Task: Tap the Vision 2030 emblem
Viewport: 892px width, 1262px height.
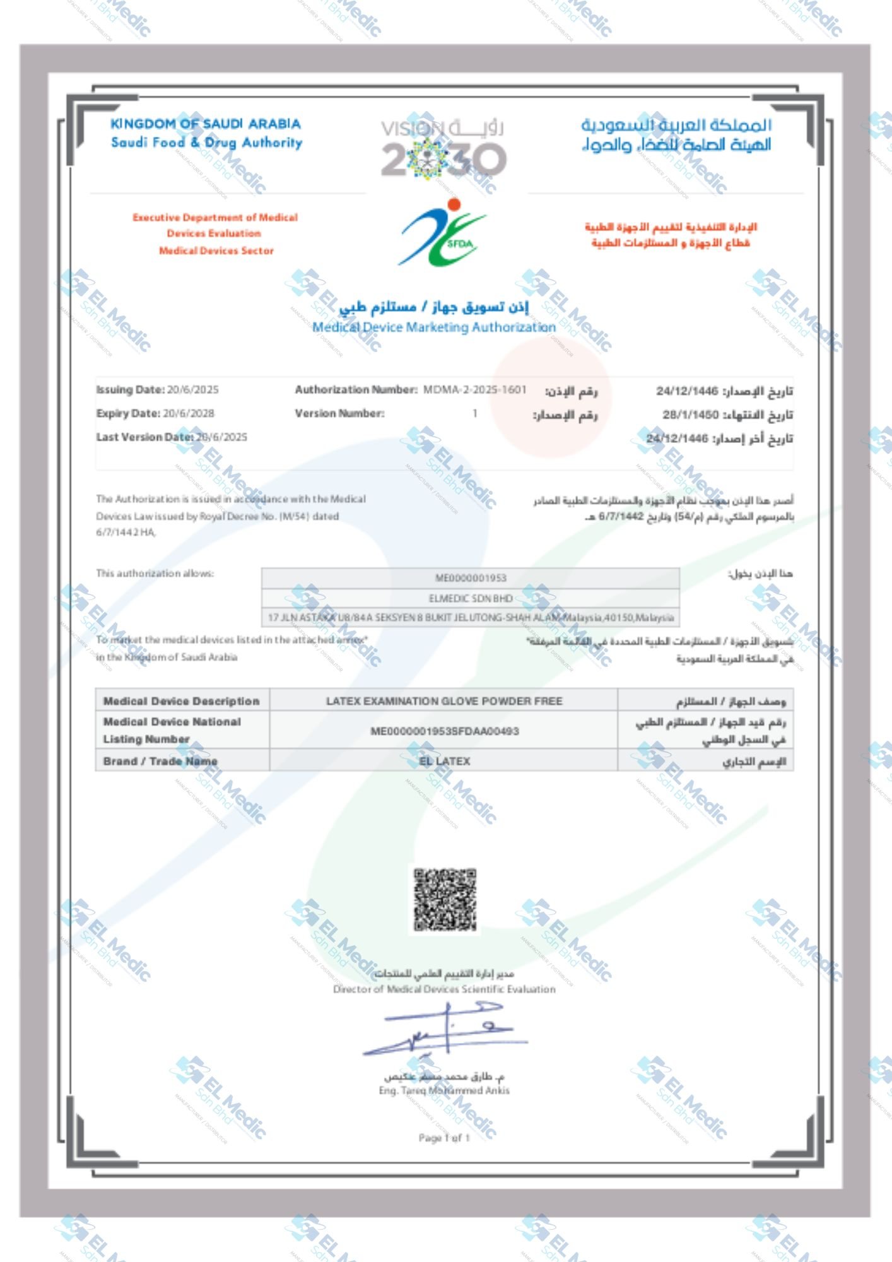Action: coord(443,148)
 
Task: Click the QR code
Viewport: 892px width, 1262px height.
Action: coord(445,900)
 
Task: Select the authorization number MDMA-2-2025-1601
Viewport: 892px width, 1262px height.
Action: coord(474,389)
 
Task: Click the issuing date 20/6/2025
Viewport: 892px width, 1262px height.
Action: coord(192,389)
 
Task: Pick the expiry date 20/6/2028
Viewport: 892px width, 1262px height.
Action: coord(189,413)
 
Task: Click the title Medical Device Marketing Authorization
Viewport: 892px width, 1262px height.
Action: coord(434,327)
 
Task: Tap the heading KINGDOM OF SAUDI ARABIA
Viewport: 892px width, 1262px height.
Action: coord(206,124)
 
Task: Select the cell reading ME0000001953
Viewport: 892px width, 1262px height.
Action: coord(471,578)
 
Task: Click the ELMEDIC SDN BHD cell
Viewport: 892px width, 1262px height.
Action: coord(471,598)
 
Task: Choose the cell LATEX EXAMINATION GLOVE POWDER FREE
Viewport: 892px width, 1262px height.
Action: coord(443,700)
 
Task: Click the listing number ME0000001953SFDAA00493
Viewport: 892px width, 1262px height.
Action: coord(444,731)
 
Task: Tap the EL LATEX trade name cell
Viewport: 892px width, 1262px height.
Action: coord(444,761)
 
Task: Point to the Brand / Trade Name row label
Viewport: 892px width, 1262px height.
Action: coord(160,761)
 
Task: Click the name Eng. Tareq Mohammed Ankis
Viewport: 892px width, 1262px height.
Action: coord(444,1090)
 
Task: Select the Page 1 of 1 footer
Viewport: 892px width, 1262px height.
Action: coord(444,1137)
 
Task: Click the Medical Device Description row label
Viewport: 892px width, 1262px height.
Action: coord(181,700)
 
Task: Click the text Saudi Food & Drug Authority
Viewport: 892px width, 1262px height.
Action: coord(207,143)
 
